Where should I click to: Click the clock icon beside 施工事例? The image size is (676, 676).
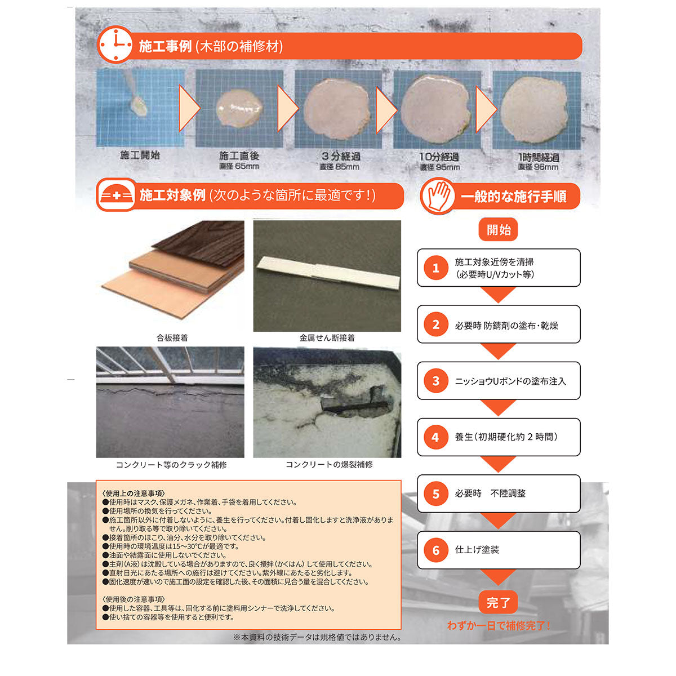coord(115,45)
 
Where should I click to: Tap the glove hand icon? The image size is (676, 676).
coord(438,196)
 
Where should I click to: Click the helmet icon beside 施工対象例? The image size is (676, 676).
coord(116,195)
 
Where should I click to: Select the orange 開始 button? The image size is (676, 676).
coord(498,230)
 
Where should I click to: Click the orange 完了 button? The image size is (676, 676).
coord(498,603)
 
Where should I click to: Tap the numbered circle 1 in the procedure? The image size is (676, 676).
coord(435,268)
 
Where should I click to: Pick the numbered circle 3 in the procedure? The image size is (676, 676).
coord(435,381)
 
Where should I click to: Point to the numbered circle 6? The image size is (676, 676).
coord(435,550)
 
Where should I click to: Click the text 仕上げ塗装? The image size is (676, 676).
coord(477,550)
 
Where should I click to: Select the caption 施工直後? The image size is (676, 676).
coord(239,155)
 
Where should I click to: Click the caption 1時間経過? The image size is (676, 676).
coord(539,157)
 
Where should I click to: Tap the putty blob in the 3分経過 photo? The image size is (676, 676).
coord(337,109)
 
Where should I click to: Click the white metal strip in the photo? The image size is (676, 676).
coord(328,273)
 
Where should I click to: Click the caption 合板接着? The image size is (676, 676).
coord(172,338)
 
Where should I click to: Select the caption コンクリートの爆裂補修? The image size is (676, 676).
coord(329,465)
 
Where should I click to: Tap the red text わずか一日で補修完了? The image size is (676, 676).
coord(498,625)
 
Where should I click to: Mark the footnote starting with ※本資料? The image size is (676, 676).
coord(317,637)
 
